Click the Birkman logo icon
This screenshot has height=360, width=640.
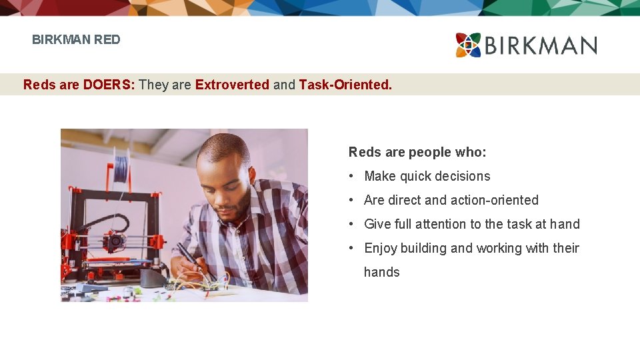pos(468,45)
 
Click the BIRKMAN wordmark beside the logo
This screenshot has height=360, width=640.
pos(541,46)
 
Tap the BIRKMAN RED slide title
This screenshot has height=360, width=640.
pos(76,39)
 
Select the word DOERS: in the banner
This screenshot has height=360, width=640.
pos(109,85)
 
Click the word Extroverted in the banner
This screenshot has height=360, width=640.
pos(232,85)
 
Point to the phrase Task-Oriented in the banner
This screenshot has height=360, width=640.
pos(345,85)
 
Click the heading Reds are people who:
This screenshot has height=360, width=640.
pos(417,152)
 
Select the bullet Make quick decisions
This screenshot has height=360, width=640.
pos(427,176)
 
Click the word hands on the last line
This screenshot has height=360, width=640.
pos(381,272)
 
